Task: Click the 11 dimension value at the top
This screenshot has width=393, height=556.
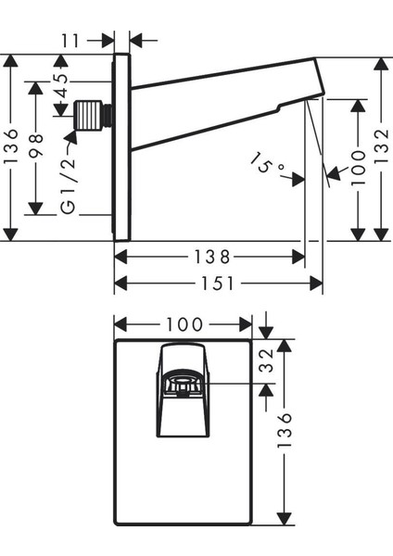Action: [x=71, y=41]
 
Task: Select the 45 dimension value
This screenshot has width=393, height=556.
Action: [x=61, y=86]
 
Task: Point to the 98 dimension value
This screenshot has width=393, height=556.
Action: [x=35, y=145]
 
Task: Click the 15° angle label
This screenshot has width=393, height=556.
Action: [x=265, y=163]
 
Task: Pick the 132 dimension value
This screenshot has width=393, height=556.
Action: [x=381, y=146]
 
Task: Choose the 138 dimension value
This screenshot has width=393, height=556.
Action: [x=212, y=257]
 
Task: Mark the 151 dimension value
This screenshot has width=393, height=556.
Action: [x=218, y=284]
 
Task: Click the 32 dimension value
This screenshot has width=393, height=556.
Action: [x=266, y=360]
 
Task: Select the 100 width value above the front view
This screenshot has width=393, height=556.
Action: [x=184, y=324]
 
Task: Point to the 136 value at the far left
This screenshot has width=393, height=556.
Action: [x=10, y=146]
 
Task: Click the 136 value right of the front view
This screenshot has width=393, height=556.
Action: [x=285, y=430]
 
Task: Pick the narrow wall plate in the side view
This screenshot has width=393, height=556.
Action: [x=121, y=147]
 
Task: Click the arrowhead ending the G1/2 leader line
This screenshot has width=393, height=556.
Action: [x=72, y=137]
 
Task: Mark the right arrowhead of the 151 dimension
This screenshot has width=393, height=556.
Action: [x=316, y=284]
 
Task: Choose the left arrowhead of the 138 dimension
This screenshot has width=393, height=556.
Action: [x=120, y=257]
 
